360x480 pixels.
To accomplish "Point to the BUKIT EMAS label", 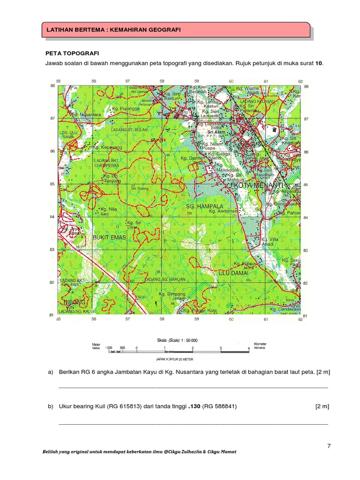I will click(x=110, y=238).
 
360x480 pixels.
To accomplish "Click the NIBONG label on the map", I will click(x=75, y=302).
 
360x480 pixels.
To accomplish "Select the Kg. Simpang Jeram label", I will click(x=173, y=296).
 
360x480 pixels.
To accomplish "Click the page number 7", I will click(x=329, y=446).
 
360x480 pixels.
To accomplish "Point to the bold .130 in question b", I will click(x=194, y=406).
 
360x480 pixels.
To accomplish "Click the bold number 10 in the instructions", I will click(x=319, y=63).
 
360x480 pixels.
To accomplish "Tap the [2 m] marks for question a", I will click(x=322, y=372).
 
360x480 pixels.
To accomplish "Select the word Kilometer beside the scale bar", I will click(x=260, y=344).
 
